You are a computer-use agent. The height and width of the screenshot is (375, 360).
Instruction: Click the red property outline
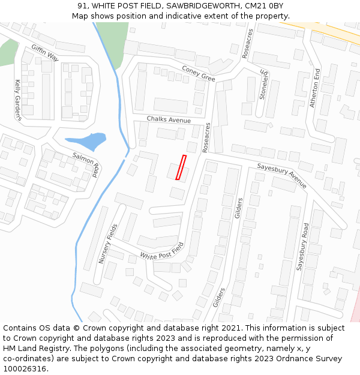181,167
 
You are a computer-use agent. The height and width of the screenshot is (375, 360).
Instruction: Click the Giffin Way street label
45,52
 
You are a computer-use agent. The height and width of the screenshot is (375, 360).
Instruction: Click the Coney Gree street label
198,73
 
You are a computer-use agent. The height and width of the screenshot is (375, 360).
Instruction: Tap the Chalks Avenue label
169,120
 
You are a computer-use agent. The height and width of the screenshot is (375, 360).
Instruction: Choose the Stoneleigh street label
264,85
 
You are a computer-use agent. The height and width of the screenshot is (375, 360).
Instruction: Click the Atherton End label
315,87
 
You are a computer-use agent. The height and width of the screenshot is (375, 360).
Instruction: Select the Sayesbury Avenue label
281,175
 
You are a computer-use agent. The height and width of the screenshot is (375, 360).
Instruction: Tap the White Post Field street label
161,251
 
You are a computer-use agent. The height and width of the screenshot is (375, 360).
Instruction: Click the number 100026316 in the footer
25,368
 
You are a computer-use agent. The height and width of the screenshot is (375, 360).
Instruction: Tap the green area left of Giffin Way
7,52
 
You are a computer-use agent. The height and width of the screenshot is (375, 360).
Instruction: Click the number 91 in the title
82,5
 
